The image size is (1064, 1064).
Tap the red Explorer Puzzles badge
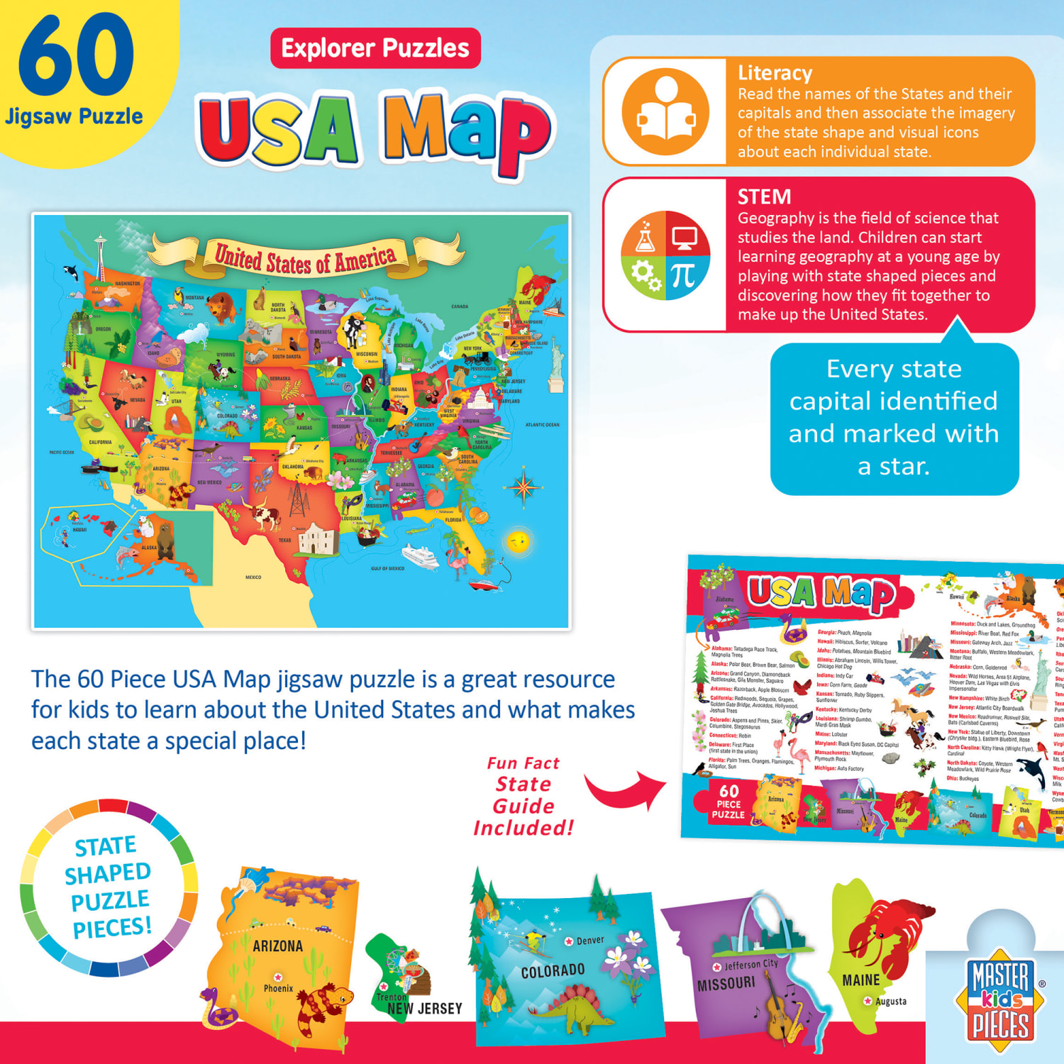tap(375, 48)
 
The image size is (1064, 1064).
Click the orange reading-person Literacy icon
tap(665, 111)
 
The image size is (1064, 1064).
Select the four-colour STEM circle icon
tap(665, 255)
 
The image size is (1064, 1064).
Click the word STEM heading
tap(764, 196)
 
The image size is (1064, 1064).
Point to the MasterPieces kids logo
tap(1000, 1000)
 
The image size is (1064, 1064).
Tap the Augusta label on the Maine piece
tap(890, 1002)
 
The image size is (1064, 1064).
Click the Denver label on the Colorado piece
tap(589, 941)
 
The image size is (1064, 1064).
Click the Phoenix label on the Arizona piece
tap(278, 988)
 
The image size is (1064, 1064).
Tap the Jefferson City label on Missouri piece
tap(750, 965)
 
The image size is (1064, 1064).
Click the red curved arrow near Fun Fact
tap(624, 791)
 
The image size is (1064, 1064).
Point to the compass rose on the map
tap(523, 487)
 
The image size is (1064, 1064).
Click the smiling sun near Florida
tap(517, 541)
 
